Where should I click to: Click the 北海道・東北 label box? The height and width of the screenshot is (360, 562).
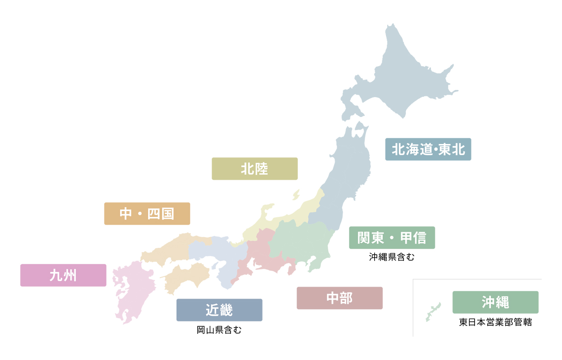(428, 149)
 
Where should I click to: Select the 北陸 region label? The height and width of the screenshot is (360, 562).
(254, 169)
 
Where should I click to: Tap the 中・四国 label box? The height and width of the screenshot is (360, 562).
(147, 214)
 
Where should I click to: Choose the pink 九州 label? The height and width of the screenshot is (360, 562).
(63, 275)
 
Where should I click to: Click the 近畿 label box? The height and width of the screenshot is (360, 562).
(219, 310)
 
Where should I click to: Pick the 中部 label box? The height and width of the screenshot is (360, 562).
(339, 298)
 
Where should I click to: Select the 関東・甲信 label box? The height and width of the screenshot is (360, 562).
(392, 238)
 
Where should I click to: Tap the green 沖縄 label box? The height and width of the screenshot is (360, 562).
(495, 302)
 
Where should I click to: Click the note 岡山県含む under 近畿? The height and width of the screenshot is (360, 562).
(219, 330)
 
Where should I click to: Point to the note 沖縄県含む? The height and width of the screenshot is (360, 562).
(391, 257)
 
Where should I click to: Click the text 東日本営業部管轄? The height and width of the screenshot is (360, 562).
(495, 323)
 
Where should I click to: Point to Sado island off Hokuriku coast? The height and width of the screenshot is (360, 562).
(296, 195)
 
